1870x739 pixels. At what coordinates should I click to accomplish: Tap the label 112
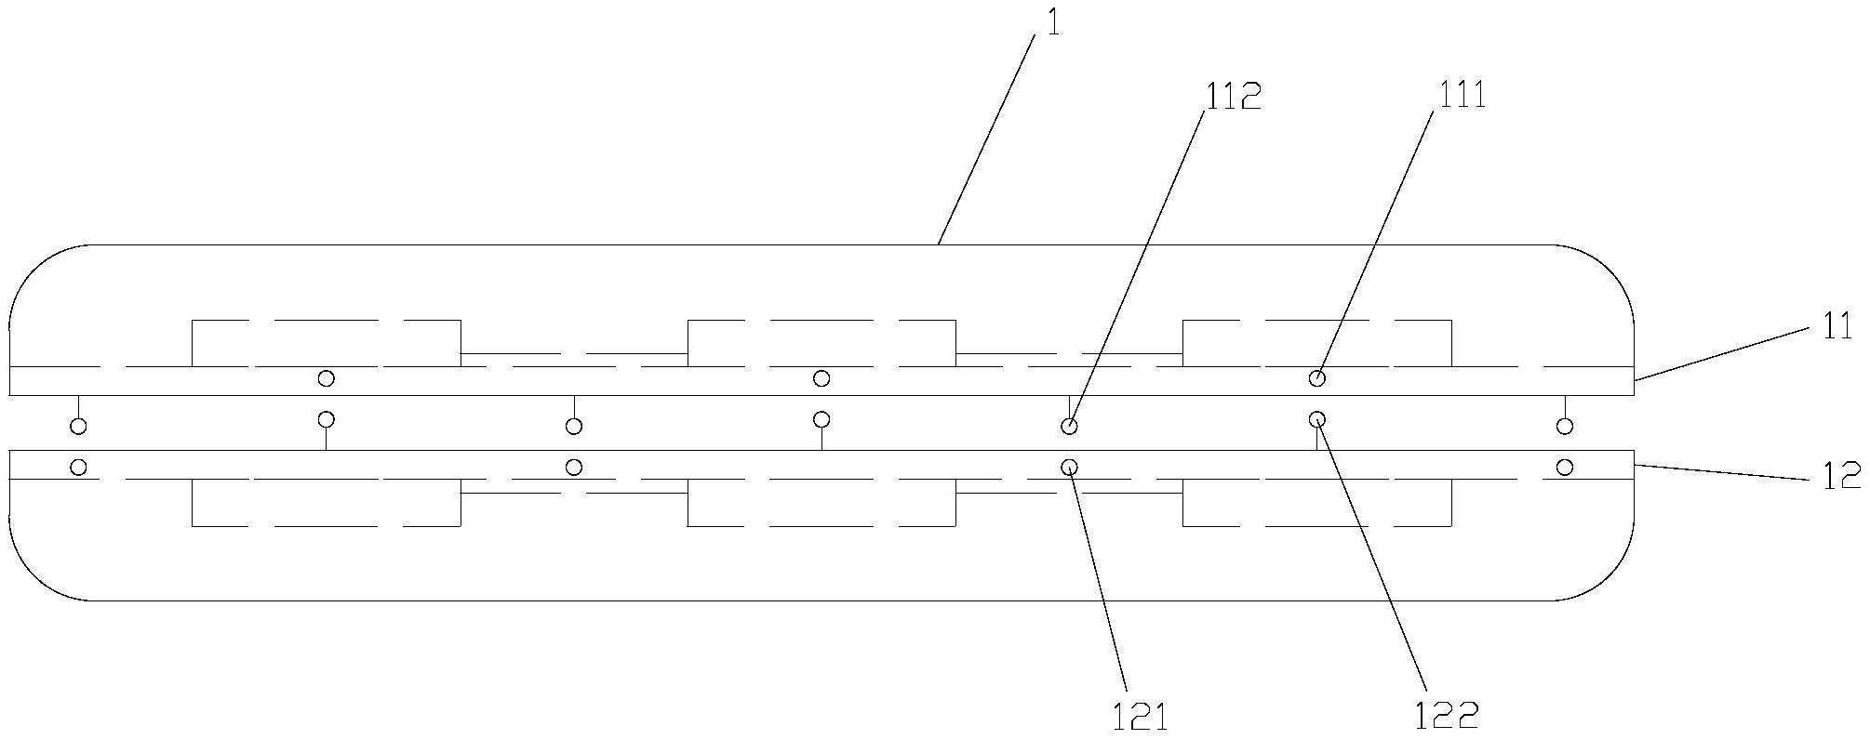point(1234,96)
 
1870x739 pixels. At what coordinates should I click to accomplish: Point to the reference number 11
point(1837,327)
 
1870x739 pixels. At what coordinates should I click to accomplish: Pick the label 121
point(1140,717)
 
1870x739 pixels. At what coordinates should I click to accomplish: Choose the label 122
point(1447,716)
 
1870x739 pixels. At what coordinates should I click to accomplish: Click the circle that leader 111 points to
point(1317,378)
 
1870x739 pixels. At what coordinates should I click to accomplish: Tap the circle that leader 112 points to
point(1070,427)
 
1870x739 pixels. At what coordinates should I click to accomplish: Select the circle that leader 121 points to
point(1070,467)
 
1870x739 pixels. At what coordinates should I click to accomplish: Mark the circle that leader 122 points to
point(1317,419)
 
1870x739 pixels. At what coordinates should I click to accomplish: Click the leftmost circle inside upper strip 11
point(326,378)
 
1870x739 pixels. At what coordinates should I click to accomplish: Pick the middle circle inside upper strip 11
point(821,378)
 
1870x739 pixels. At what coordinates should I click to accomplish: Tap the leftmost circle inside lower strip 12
point(79,467)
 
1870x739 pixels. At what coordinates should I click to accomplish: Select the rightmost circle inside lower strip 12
point(1566,467)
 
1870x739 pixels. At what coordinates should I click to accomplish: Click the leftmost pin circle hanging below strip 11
point(79,427)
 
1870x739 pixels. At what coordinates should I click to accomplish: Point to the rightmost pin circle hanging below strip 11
point(1566,427)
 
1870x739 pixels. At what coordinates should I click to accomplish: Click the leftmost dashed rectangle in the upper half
point(326,342)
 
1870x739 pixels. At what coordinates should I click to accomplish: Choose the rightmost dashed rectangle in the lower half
point(1317,502)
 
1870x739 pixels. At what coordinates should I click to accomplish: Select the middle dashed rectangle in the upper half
point(821,342)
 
